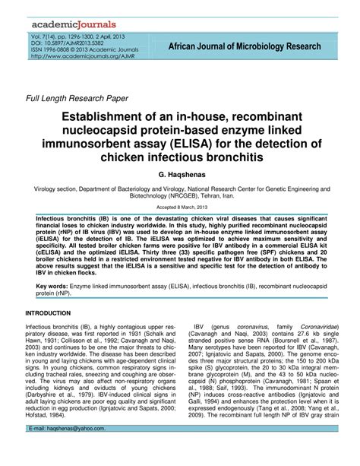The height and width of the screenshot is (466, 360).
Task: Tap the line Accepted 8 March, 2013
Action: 179,207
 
